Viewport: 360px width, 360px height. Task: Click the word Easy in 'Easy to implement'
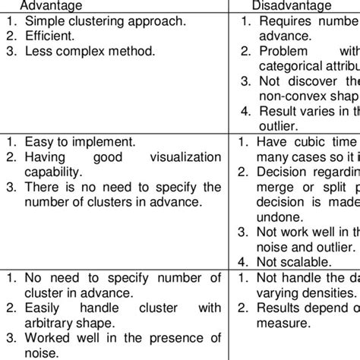coord(39,141)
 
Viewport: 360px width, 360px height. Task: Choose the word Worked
coord(51,338)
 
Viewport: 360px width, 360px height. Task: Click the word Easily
coord(44,308)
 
